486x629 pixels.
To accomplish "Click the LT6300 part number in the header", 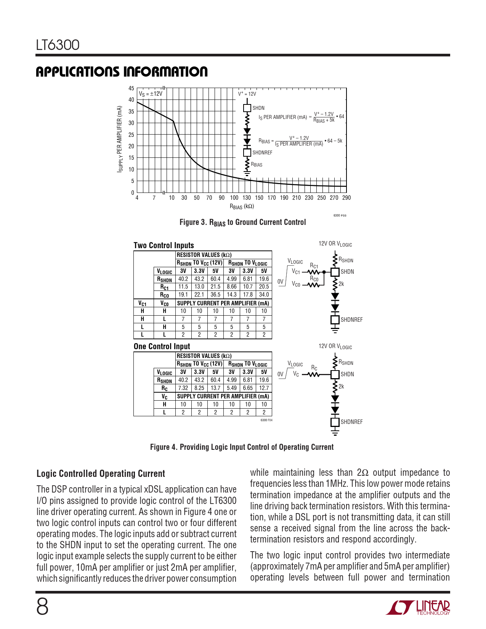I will (x=58, y=45).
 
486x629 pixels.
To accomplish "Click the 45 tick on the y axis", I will (x=131, y=88).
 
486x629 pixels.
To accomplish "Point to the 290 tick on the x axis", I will (x=346, y=198).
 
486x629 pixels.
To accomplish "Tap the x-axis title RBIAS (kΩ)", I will (x=242, y=207).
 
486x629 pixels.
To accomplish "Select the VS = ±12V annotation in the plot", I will (x=151, y=94).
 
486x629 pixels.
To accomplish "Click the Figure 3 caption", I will (x=242, y=222).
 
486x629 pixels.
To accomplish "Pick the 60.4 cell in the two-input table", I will (x=215, y=279).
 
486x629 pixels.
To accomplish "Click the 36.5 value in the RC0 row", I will (x=215, y=295).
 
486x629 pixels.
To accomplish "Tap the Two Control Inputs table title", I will (x=164, y=246).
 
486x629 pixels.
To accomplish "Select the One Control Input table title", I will (x=162, y=347).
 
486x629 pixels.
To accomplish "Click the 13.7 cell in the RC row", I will (x=215, y=388).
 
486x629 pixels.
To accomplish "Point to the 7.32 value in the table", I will (x=183, y=388).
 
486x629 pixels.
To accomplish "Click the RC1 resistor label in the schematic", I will (x=314, y=266).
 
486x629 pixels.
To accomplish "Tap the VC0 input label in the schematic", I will (x=296, y=284).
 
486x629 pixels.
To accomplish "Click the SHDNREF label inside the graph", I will (x=262, y=153).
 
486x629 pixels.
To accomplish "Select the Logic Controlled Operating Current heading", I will (x=101, y=474).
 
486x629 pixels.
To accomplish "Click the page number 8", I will (x=42, y=607).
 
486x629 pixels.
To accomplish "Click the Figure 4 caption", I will (x=242, y=447).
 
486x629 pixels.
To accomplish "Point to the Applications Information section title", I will (x=122, y=72).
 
